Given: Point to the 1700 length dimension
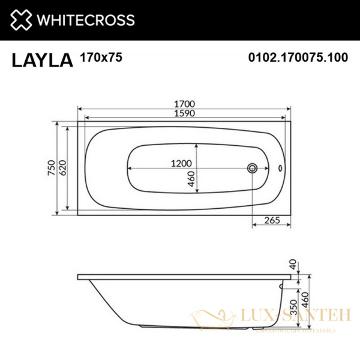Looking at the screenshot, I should (x=185, y=103).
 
